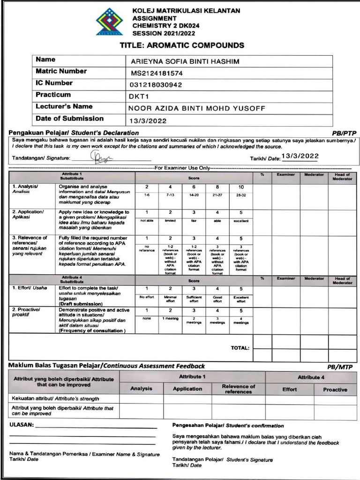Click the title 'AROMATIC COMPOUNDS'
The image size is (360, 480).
[x=182, y=45]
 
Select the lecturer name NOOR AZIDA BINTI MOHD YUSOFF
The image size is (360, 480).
[x=197, y=108]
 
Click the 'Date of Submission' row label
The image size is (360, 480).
[x=69, y=119]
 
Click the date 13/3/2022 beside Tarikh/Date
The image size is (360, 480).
[x=300, y=156]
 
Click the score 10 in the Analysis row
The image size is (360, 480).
[x=241, y=187]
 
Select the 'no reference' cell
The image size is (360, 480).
[x=147, y=248]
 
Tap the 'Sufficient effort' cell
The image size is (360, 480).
[x=194, y=299]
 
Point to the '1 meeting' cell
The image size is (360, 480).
[x=170, y=319]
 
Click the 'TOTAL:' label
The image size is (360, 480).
[x=240, y=348]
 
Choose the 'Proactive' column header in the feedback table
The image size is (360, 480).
[x=335, y=390]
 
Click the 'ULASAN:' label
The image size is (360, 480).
[x=22, y=425]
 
